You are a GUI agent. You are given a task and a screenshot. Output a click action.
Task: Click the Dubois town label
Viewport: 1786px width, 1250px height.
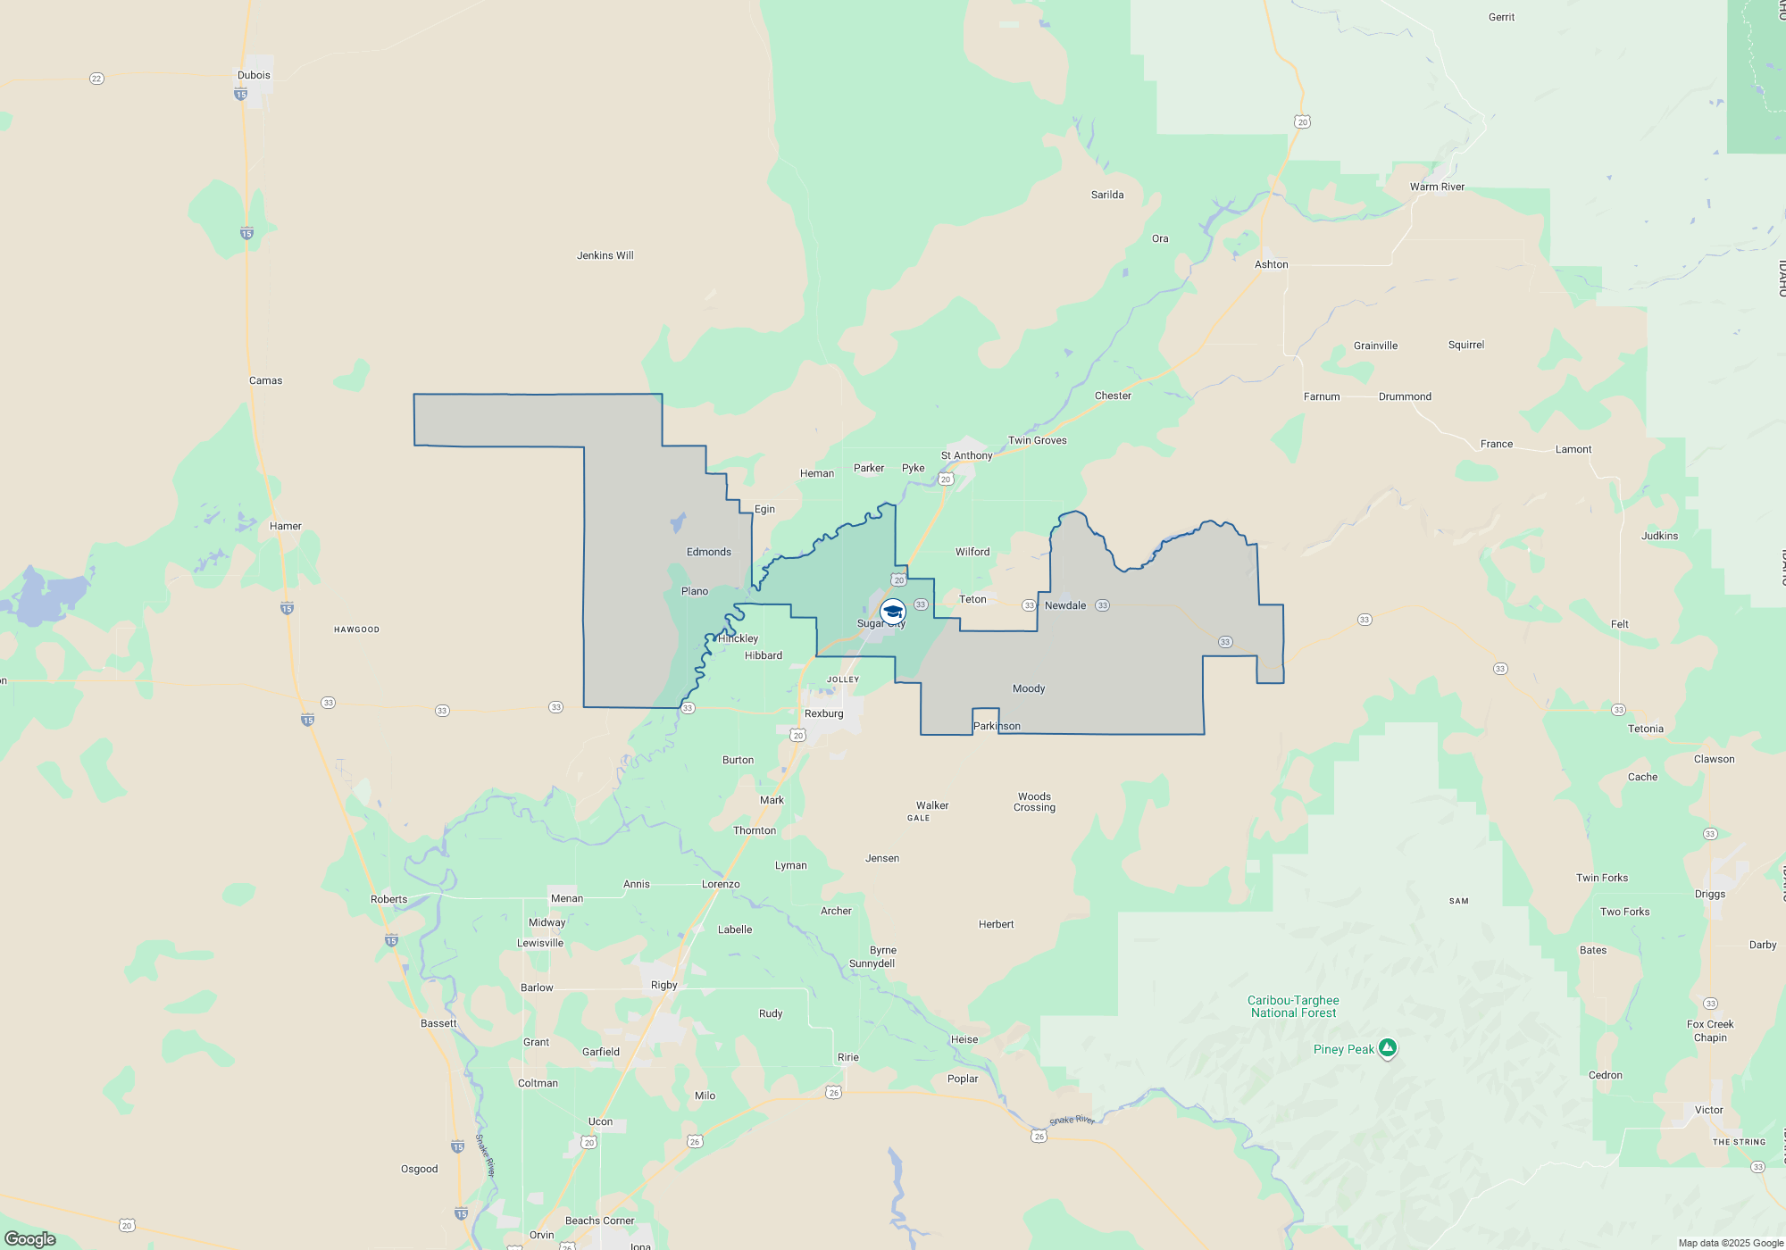[x=254, y=75]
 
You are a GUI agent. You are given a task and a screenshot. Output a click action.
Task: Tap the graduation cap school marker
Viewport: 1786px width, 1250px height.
[x=893, y=612]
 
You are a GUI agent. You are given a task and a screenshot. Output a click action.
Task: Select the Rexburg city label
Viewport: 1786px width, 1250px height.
[x=823, y=713]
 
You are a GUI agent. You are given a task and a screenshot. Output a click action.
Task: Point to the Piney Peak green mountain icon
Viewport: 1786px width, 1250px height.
[x=1388, y=1047]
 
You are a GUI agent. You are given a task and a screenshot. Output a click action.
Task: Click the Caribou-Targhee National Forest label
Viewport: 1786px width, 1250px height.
[x=1293, y=1006]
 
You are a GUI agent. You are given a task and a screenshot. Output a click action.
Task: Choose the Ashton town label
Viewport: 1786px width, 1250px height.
[x=1271, y=264]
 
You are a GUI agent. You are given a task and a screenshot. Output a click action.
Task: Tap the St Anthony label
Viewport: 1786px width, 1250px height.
[x=966, y=455]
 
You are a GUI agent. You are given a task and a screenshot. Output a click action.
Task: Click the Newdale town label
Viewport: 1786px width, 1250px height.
[x=1065, y=605]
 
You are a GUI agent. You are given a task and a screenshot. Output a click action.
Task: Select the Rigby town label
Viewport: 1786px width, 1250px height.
[x=663, y=985]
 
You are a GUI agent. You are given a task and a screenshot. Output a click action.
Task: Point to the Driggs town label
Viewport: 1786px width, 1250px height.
[x=1709, y=894]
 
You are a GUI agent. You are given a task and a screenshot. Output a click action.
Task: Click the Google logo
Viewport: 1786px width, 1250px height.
[x=30, y=1238]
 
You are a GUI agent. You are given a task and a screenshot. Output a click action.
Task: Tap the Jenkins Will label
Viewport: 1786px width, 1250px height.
[x=605, y=255]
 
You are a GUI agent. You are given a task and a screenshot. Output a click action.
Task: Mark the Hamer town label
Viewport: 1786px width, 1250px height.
[x=286, y=526]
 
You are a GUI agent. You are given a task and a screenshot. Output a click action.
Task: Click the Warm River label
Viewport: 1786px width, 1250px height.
[x=1437, y=187]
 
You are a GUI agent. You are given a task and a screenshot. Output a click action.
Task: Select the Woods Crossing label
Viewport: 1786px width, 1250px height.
[x=1034, y=802]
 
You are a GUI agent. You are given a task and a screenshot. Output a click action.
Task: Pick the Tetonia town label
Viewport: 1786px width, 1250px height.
[x=1645, y=729]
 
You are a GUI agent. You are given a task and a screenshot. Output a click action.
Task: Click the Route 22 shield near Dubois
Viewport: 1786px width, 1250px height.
[x=96, y=79]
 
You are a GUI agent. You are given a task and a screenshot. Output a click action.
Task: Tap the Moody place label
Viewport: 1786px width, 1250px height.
[x=1028, y=688]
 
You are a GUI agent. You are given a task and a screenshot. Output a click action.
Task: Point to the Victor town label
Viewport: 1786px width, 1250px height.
[x=1708, y=1110]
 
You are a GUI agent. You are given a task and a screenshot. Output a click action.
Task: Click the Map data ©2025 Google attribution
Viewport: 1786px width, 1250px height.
[x=1730, y=1243]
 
